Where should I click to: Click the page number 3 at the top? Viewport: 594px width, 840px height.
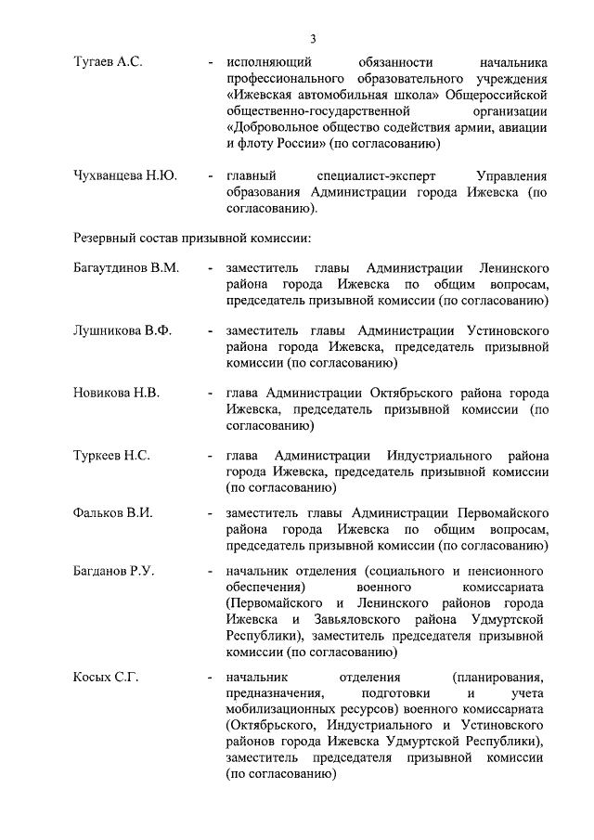pyautogui.click(x=313, y=38)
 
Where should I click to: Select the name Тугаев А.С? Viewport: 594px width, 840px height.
pyautogui.click(x=108, y=61)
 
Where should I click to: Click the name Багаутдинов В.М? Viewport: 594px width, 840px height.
pyautogui.click(x=125, y=267)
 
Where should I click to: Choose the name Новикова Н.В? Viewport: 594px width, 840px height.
pyautogui.click(x=116, y=393)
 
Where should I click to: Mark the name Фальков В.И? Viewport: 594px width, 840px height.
pyautogui.click(x=112, y=512)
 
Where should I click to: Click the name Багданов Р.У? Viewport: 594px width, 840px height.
pyautogui.click(x=113, y=570)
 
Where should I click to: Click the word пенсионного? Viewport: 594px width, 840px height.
pyautogui.click(x=503, y=570)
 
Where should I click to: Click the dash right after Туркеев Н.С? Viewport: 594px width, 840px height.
pyautogui.click(x=212, y=456)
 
